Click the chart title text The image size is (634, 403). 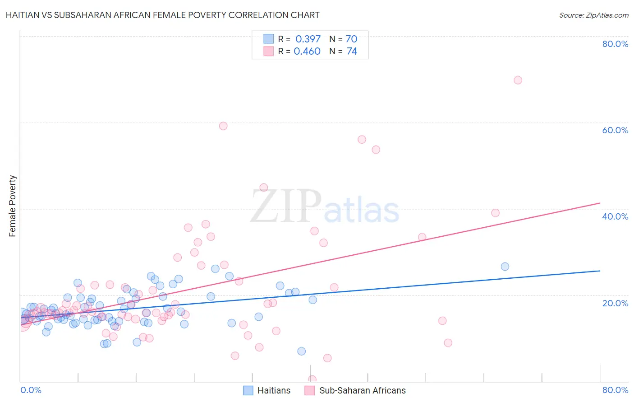coord(162,15)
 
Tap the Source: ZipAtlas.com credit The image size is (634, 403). coord(593,15)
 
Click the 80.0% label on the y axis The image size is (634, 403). coord(615,44)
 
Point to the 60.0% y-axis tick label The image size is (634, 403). coord(615,130)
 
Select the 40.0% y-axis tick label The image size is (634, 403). coord(615,216)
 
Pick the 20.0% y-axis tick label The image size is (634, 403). coord(615,303)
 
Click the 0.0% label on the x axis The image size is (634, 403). coord(31,390)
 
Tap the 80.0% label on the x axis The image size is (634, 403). coord(615,390)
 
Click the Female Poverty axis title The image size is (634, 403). coord(12,206)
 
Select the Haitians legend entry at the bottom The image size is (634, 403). coord(267,390)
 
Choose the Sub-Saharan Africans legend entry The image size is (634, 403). coord(355,390)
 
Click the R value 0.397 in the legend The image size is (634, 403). coord(308,39)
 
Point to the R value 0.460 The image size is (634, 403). coord(307,52)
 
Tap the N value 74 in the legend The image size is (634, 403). coord(352,52)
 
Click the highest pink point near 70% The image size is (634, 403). coord(518,80)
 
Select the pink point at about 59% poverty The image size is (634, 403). coord(223,126)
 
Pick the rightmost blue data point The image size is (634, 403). coord(505,267)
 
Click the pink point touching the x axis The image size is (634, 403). coord(312,380)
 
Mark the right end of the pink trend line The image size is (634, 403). coord(600,203)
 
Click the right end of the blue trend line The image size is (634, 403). coord(600,271)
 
